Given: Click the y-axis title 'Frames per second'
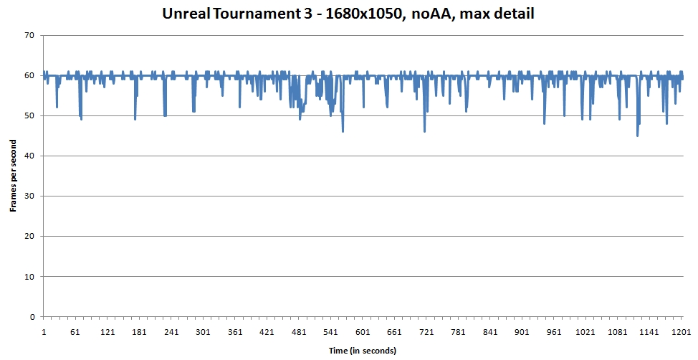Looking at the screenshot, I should click(x=13, y=176).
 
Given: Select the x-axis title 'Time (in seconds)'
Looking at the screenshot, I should click(x=363, y=351).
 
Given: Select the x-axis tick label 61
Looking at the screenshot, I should click(x=75, y=332).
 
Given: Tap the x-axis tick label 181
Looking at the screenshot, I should click(x=139, y=332).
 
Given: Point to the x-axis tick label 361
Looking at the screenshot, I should click(x=235, y=332).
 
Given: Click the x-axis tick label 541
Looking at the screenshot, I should click(x=330, y=332).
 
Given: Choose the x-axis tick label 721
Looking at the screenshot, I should click(x=426, y=332).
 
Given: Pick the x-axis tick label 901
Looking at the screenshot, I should click(x=522, y=332).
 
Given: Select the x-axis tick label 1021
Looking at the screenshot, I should click(x=585, y=332).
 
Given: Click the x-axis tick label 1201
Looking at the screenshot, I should click(x=682, y=332).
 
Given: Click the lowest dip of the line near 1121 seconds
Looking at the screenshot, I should click(x=637, y=136).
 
